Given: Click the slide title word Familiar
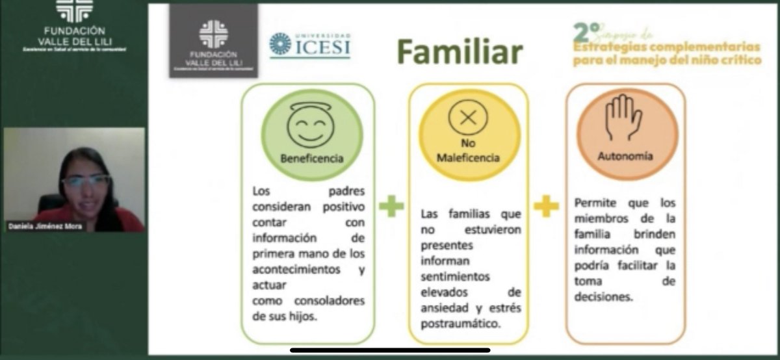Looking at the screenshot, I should [460, 53].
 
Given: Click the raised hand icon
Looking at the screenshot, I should [624, 119].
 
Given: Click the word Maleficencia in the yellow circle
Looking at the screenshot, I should [468, 158].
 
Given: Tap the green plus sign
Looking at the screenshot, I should [391, 207].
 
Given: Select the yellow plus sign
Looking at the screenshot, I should [546, 207].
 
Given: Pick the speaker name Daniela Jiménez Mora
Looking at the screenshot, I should [43, 226].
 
